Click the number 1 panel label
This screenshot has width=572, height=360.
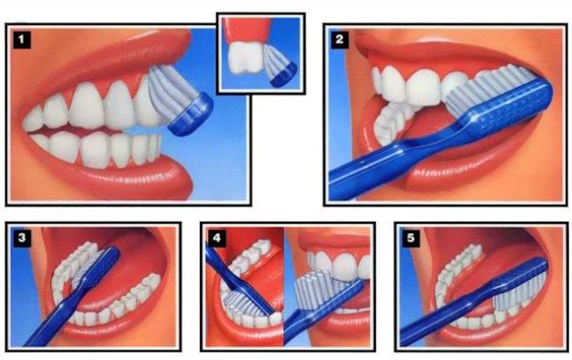(x=22, y=39)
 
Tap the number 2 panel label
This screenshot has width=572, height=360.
(x=339, y=39)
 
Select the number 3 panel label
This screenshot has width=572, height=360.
(x=22, y=238)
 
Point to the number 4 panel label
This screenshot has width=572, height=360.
(x=217, y=238)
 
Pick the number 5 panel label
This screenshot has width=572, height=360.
(x=411, y=238)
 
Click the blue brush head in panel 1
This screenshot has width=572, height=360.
(x=191, y=114)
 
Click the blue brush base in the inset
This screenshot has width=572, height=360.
(x=284, y=74)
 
